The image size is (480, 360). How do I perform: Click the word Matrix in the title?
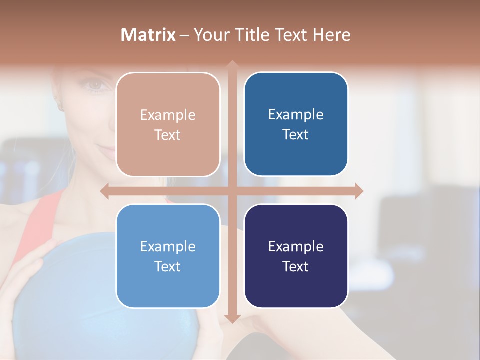tap(148, 35)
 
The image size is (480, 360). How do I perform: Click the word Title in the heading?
tap(257, 35)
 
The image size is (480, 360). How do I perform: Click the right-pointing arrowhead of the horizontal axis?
tap(359, 191)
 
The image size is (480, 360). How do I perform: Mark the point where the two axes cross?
tap(232, 191)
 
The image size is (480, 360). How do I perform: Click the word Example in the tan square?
tap(168, 115)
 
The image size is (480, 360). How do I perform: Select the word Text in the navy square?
tap(296, 266)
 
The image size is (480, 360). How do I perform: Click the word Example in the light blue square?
tap(168, 246)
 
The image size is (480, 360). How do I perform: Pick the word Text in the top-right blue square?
tap(296, 135)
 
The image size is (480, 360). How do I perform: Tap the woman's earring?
tap(61, 106)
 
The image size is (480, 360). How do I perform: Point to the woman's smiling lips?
tap(106, 148)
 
